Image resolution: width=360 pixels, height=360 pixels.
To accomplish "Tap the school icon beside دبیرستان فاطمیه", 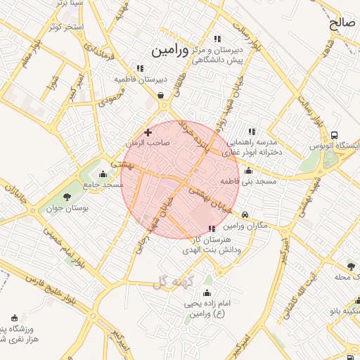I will coord(141,68).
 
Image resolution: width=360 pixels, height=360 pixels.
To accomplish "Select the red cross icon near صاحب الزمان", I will coord(148,131).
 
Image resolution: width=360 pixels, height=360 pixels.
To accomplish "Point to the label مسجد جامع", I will coord(103,184).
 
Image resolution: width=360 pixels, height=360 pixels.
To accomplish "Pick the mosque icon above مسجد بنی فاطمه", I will coord(248,170).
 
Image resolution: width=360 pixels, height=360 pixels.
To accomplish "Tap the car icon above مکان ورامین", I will coord(244,215).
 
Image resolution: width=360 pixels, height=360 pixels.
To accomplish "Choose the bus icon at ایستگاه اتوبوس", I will coord(334,136).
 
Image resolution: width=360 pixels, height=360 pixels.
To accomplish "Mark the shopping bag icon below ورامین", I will coord(161,95).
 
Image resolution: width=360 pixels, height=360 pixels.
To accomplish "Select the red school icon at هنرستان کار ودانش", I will coord(212,229).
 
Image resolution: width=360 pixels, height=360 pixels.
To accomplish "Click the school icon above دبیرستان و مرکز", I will coord(217,39).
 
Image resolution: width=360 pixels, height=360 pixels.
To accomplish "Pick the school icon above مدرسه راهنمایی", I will coord(251,131).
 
